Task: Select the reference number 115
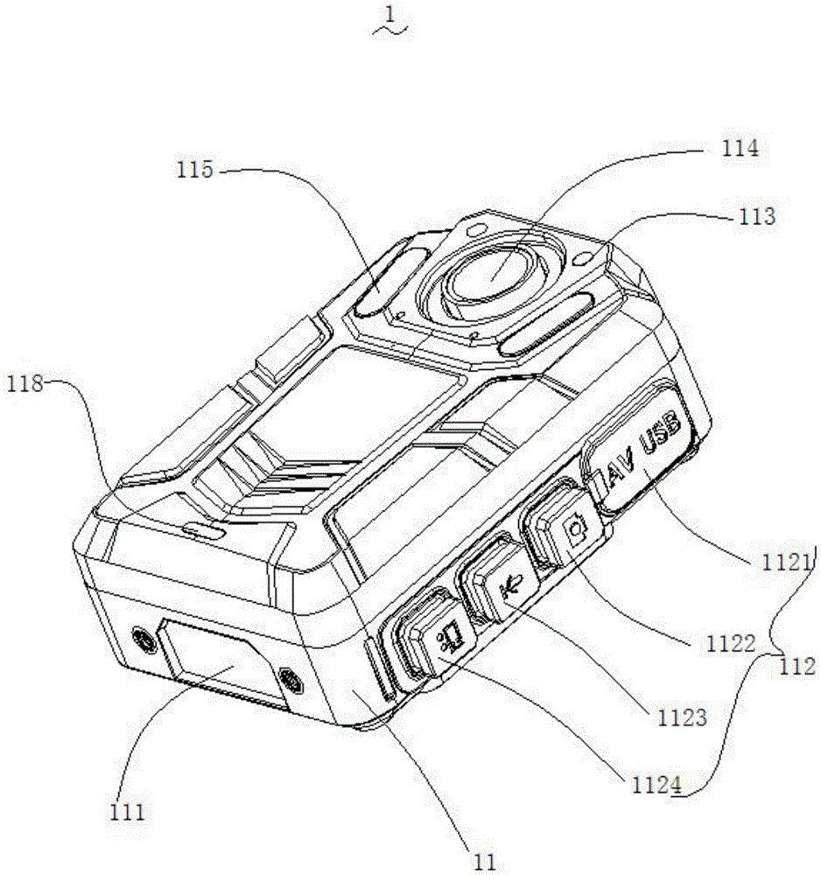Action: (194, 169)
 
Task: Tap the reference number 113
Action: (756, 215)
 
